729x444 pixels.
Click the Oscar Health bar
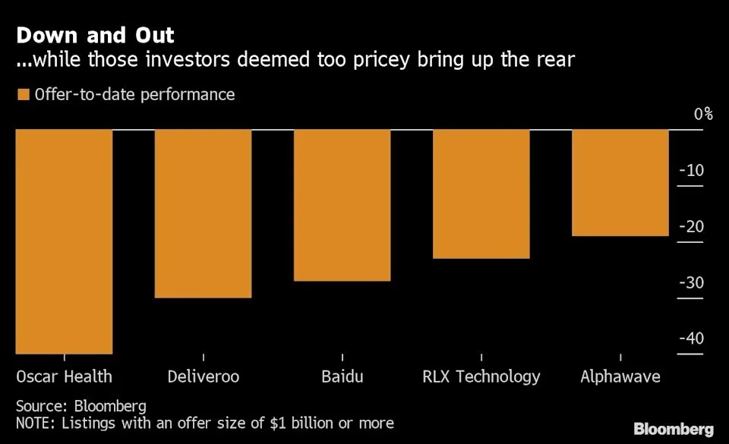[x=64, y=241]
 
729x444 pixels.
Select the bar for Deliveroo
[x=203, y=213]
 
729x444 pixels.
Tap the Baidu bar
[x=342, y=205]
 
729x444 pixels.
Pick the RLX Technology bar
[x=481, y=194]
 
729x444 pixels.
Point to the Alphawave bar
[x=620, y=183]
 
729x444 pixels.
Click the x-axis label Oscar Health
[x=64, y=376]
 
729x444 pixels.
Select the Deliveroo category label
[x=203, y=376]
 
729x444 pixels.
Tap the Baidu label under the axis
[x=342, y=376]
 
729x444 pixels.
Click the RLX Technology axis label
[x=481, y=376]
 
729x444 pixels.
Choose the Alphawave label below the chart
[x=620, y=376]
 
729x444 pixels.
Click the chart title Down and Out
[x=95, y=35]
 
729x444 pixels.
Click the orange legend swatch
[x=23, y=95]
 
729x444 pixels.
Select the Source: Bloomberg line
[x=80, y=406]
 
